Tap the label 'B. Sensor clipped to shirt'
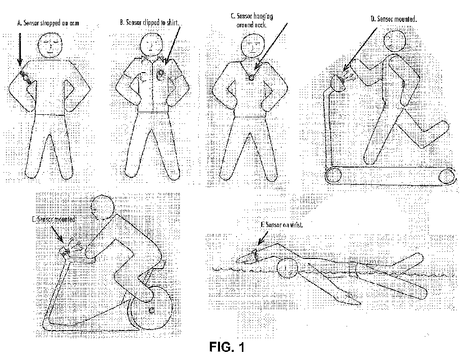[150, 23]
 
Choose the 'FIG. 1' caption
[227, 348]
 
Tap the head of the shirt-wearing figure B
[151, 45]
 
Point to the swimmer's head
[288, 268]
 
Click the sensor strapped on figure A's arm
[25, 77]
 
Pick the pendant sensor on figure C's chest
[251, 78]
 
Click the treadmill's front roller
[333, 175]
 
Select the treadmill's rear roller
[447, 176]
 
